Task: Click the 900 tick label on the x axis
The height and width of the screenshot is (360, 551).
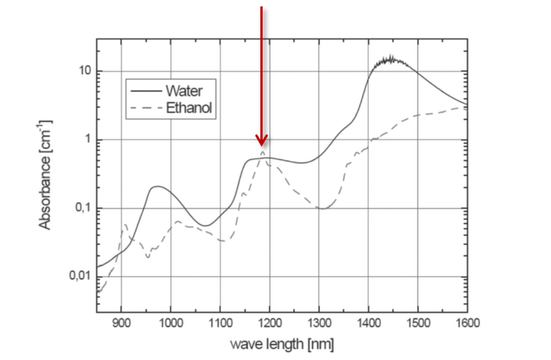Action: (121, 320)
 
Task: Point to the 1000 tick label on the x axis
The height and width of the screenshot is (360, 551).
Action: (171, 320)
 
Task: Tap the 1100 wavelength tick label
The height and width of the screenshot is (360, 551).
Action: (220, 320)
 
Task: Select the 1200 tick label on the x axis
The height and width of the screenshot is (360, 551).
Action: (270, 320)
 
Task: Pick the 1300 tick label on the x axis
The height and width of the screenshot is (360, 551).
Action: (320, 320)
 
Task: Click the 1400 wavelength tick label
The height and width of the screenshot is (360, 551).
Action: (369, 320)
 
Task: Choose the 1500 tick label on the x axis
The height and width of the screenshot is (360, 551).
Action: (419, 320)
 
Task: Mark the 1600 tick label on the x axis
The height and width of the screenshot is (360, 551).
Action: (467, 320)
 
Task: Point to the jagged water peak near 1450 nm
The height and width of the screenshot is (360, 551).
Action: (390, 59)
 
